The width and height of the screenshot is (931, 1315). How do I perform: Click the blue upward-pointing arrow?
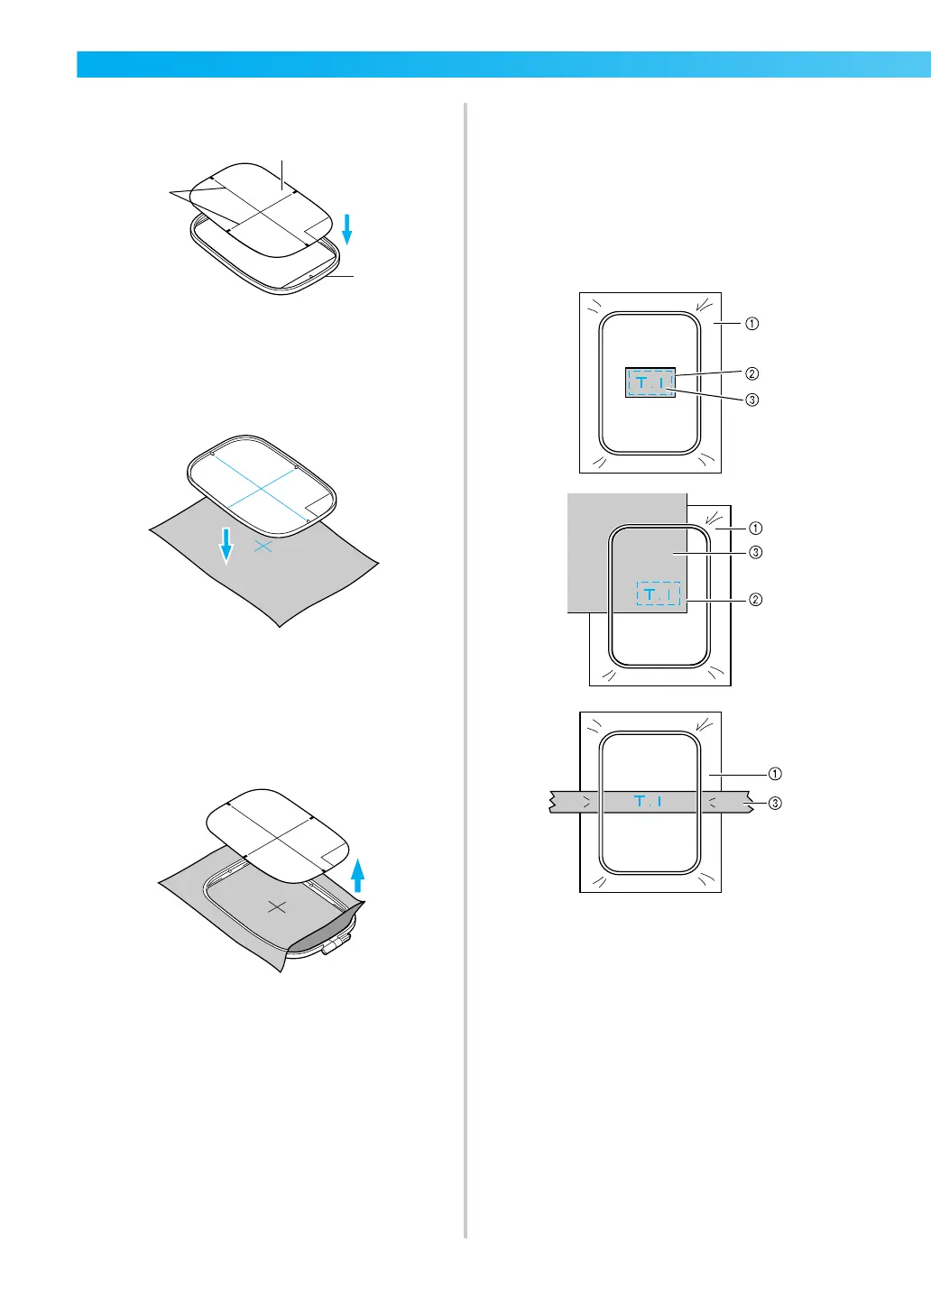(357, 874)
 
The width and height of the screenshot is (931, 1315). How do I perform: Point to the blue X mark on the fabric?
(263, 547)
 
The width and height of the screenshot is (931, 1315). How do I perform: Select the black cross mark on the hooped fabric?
(277, 906)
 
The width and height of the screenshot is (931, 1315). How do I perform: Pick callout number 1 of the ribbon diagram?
(774, 773)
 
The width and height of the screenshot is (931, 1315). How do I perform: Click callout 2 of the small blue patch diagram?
(751, 373)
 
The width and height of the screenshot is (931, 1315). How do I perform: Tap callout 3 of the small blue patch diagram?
(751, 400)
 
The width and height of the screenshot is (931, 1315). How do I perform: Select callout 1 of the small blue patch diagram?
(751, 323)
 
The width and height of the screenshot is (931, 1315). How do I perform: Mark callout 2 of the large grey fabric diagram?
(756, 599)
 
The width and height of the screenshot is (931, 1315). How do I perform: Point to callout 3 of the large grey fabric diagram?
(756, 553)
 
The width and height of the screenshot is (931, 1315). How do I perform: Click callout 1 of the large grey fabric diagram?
(756, 528)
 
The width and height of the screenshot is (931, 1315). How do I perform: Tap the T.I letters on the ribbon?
(649, 801)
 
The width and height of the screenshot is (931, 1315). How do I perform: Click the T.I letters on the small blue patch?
(650, 383)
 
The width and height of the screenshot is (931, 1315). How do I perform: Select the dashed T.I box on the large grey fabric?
(658, 594)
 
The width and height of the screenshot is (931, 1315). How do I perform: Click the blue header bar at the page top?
(503, 65)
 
